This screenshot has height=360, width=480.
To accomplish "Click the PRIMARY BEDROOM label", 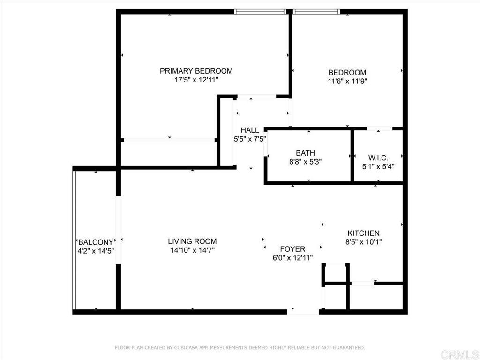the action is click(x=196, y=71).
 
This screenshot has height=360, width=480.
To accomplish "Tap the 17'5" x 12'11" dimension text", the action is click(x=196, y=80).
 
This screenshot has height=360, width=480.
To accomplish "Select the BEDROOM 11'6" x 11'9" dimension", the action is click(x=347, y=82).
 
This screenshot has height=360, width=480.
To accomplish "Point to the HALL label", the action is click(x=250, y=130).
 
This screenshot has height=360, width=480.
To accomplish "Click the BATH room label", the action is click(x=305, y=153).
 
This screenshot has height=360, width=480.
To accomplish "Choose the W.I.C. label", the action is click(x=378, y=158).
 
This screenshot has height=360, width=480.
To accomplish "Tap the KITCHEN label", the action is click(x=364, y=233).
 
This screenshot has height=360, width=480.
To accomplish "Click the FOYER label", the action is click(x=292, y=249).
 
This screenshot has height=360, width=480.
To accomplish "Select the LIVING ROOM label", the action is click(x=192, y=241).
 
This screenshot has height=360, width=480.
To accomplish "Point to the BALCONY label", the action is click(x=96, y=242).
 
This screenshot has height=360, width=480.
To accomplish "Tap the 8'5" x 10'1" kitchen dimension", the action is click(x=364, y=242).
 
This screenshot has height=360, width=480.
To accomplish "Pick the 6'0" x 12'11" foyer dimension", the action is click(x=292, y=258).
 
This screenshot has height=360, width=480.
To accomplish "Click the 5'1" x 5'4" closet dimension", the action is click(x=378, y=167).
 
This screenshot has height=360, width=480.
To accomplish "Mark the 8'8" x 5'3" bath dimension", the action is click(x=305, y=162).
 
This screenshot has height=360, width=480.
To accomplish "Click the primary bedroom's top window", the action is click(x=260, y=12).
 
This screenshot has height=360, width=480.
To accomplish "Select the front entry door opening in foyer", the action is click(x=303, y=312).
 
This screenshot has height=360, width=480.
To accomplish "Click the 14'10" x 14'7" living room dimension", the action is click(x=192, y=250).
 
